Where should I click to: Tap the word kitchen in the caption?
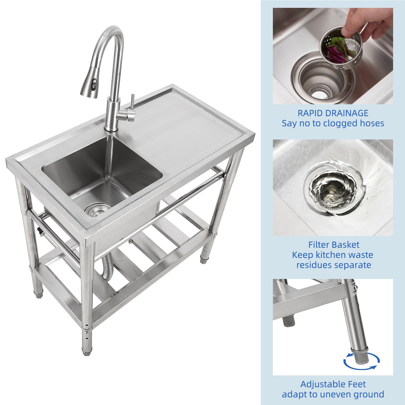(329, 255)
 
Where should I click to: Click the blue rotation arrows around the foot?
(361, 360)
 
